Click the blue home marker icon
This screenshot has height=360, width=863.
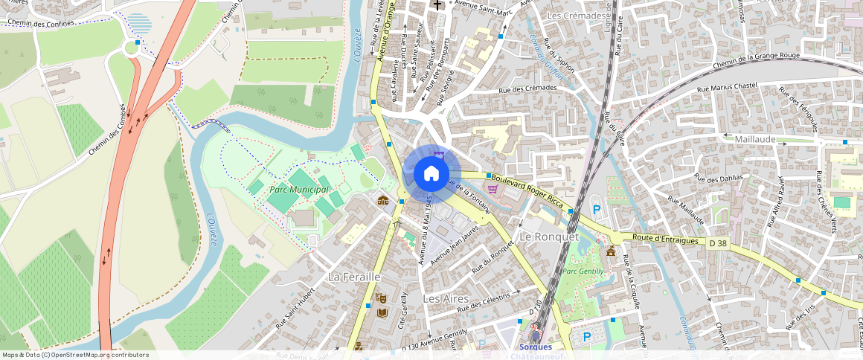point(431,174)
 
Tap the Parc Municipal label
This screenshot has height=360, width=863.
point(299,190)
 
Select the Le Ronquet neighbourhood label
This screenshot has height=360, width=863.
point(548,237)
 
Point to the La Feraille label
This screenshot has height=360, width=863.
point(354,277)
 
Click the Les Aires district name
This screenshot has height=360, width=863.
point(446,298)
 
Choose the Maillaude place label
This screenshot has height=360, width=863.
point(754,139)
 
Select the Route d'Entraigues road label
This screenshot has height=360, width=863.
point(665,240)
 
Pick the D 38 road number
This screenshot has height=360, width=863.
point(717,242)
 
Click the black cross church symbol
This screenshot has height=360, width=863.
point(438,5)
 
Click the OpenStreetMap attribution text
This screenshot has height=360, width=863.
point(76,355)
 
